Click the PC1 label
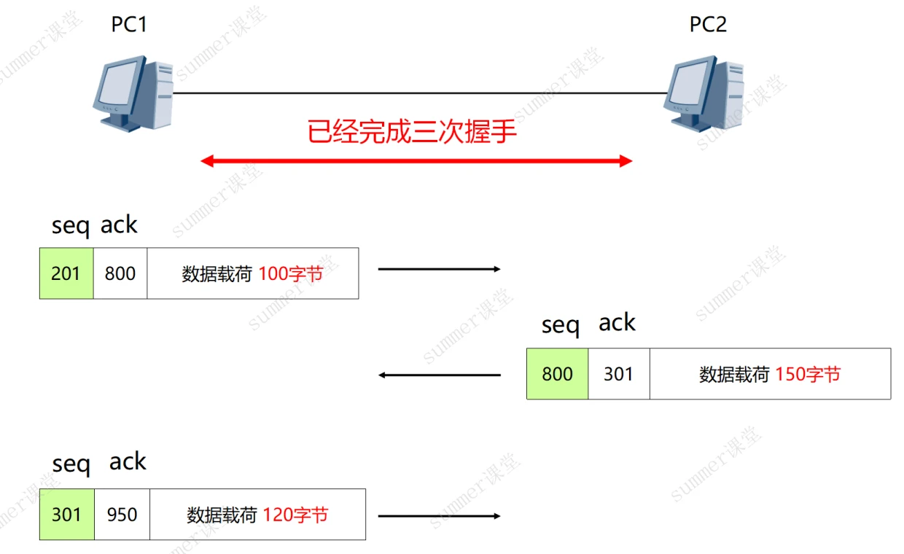point(129,25)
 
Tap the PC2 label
point(708,25)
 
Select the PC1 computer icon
point(133,94)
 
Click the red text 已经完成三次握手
point(412,132)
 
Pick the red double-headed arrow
point(416,161)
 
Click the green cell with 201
point(66,273)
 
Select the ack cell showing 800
point(120,273)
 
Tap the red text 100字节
point(290,274)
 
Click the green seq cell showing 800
point(557,374)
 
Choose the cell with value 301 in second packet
point(618,374)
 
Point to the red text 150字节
point(807,375)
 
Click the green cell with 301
point(66,515)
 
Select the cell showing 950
point(122,515)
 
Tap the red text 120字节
point(295,515)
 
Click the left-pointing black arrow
point(440,375)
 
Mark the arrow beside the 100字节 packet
point(440,269)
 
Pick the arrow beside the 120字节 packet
point(440,516)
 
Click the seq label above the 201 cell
point(70,227)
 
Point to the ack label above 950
point(128,461)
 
